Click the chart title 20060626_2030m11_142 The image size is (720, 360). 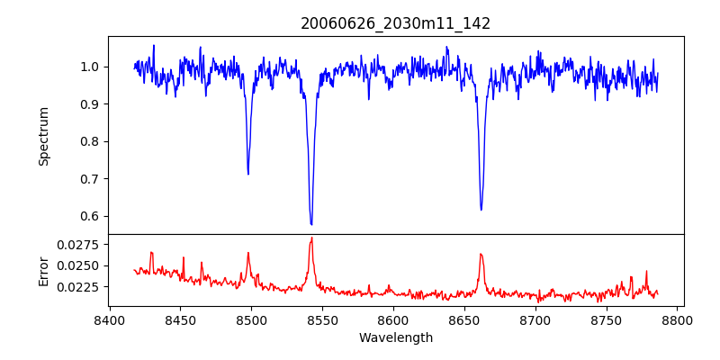point(395,23)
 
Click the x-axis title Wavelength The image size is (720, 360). point(395,338)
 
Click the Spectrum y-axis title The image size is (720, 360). point(43,136)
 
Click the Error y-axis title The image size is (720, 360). point(43,270)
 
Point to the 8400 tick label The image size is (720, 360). point(109,320)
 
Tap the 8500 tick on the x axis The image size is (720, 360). point(251,320)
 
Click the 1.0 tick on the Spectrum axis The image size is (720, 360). point(90,67)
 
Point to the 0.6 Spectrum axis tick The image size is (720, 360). point(90,216)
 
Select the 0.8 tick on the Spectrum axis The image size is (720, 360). point(90,141)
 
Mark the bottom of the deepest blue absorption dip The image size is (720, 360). point(311,224)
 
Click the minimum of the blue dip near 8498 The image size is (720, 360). point(248,174)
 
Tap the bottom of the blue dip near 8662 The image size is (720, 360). point(481,210)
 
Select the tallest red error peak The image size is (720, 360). point(311,238)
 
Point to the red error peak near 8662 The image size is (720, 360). point(481,254)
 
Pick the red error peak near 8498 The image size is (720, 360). point(248,253)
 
